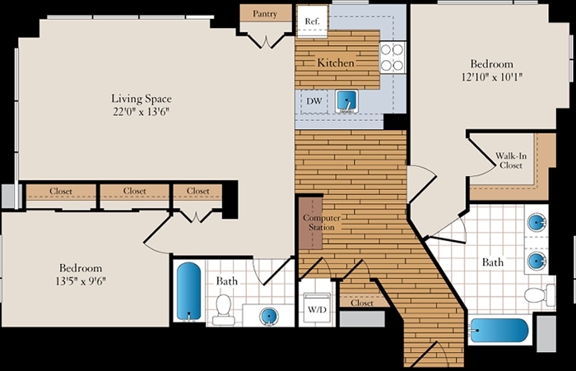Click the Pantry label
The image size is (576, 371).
(265, 14)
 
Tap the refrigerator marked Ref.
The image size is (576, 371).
(312, 21)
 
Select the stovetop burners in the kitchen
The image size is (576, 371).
(392, 58)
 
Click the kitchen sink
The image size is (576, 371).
(346, 101)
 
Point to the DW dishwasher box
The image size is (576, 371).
(314, 101)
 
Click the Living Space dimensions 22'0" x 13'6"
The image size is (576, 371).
(142, 112)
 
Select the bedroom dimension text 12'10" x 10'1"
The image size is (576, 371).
(492, 77)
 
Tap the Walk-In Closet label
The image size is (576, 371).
(511, 160)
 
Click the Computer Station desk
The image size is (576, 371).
(311, 223)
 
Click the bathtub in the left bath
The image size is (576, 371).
(188, 292)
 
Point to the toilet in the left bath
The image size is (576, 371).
(223, 309)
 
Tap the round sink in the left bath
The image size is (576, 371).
(268, 316)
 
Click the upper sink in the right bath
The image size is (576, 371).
(537, 223)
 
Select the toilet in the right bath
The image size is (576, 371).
(540, 294)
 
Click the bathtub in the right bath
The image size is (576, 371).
(499, 330)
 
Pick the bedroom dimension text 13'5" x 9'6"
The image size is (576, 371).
(81, 281)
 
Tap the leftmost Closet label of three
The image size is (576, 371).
(61, 192)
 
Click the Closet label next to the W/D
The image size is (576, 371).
(362, 303)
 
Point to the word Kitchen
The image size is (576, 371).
(336, 63)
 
